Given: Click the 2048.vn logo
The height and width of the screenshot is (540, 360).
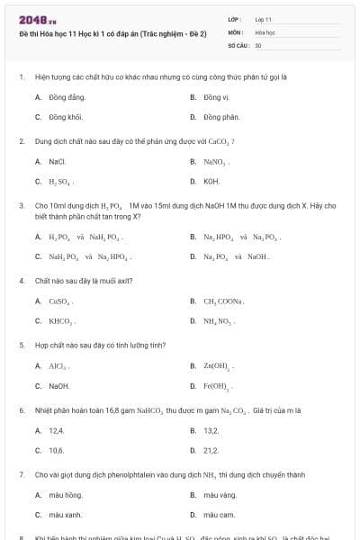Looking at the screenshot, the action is tap(31, 20).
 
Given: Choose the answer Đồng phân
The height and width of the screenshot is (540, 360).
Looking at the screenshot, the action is tap(220, 117).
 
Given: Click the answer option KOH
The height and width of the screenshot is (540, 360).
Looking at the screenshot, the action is tap(211, 182).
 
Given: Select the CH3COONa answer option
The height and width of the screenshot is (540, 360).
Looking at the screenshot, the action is tap(224, 301).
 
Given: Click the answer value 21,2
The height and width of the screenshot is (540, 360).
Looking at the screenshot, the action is tap(211, 450).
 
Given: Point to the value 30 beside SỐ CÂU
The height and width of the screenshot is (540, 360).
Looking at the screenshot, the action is tap(258, 44).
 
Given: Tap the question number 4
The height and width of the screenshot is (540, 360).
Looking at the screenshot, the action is tap(21, 281).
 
